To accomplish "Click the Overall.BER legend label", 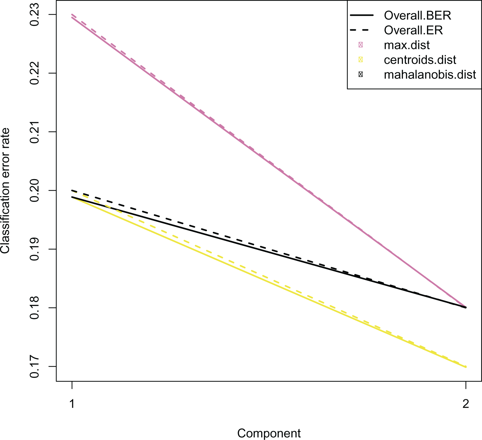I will [x=418, y=15].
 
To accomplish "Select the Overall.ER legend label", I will [x=413, y=30].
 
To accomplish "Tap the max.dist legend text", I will [x=407, y=45].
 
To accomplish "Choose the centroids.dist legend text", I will [x=420, y=60].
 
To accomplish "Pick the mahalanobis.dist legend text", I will [x=430, y=75].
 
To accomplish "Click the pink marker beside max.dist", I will [x=361, y=45].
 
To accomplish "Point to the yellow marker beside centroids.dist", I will [x=361, y=60].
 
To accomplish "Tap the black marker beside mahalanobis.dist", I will [x=361, y=75].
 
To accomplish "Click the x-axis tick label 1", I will [x=72, y=404].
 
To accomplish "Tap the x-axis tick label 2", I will [x=466, y=404].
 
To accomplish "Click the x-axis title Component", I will [x=269, y=433].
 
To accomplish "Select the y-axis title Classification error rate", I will [x=5, y=190].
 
